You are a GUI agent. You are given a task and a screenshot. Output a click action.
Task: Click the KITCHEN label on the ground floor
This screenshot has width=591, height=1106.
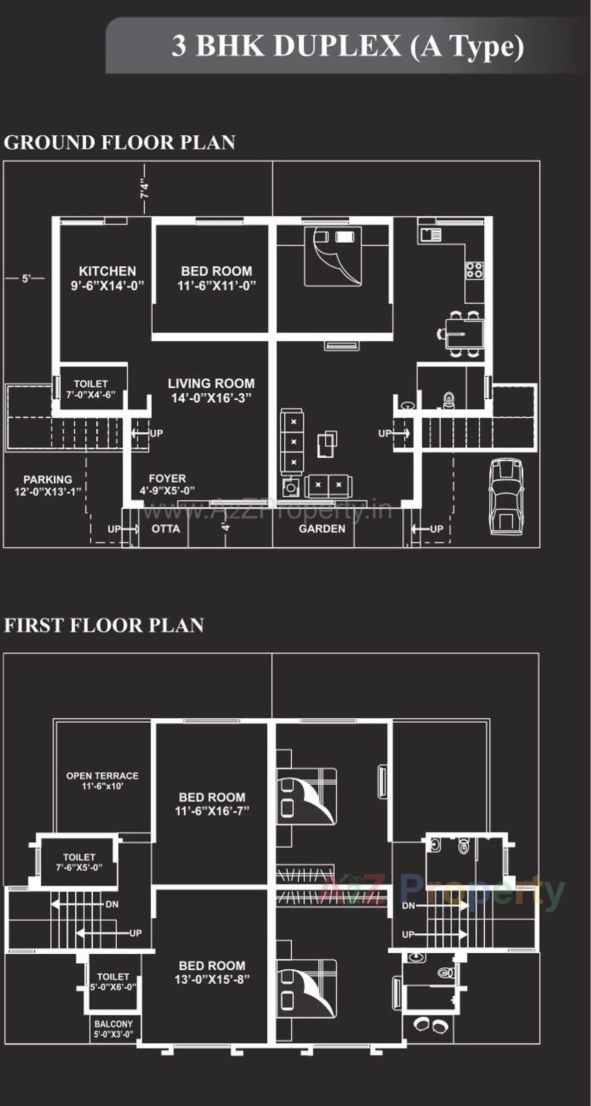[x=107, y=277]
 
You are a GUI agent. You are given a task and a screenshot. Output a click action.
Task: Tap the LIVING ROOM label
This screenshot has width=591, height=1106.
[x=211, y=390]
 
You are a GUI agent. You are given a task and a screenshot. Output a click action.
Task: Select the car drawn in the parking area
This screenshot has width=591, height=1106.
[x=505, y=497]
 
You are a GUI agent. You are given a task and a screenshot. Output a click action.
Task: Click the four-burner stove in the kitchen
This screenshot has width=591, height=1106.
[x=474, y=270]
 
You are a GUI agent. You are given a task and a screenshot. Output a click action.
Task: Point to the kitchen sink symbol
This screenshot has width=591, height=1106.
[x=430, y=235]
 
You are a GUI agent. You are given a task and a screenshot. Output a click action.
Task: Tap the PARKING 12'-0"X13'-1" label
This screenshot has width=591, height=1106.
[x=47, y=485]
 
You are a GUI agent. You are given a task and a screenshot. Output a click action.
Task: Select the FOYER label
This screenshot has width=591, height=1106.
[x=167, y=484]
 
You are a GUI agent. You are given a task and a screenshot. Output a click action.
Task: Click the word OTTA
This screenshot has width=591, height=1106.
[x=166, y=529]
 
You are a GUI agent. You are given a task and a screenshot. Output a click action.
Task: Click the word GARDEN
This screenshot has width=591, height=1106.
[x=322, y=529]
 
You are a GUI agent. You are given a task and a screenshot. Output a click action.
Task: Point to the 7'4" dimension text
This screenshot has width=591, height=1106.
[x=145, y=189]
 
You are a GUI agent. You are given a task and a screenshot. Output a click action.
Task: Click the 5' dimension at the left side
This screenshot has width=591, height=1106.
[x=26, y=278]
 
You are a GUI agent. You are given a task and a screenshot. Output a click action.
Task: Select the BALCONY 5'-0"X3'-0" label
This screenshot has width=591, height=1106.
[x=113, y=1029]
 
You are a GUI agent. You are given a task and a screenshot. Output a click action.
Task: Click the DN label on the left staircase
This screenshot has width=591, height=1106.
[x=112, y=904]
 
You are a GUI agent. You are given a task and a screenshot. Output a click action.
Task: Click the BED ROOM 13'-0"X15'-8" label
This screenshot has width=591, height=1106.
[x=212, y=972]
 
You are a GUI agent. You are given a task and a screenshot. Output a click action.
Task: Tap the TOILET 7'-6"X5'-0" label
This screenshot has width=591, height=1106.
[x=79, y=862]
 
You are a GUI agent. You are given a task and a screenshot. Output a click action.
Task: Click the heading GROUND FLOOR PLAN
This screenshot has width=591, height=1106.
[x=119, y=142]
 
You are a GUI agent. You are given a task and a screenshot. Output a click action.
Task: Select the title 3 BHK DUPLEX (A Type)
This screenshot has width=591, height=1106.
[x=348, y=46]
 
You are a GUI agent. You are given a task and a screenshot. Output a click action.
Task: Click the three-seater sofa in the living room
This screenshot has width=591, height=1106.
[x=292, y=441]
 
